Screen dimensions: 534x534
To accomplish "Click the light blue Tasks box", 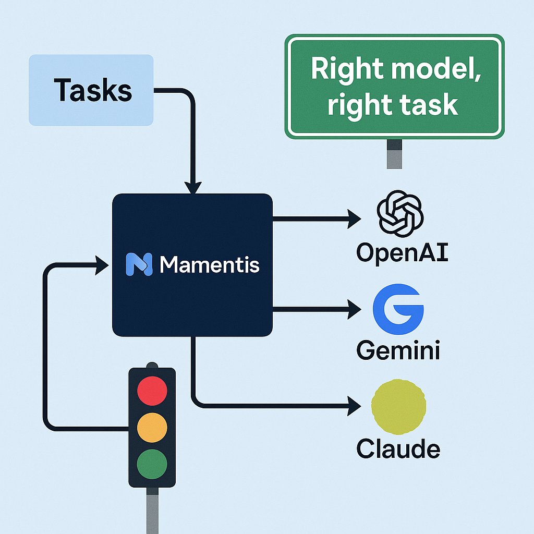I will pyautogui.click(x=91, y=90).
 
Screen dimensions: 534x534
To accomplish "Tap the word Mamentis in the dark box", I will pyautogui.click(x=210, y=265).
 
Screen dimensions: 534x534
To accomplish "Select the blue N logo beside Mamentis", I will pyautogui.click(x=139, y=264).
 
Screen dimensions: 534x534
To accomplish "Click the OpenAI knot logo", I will pyautogui.click(x=400, y=214).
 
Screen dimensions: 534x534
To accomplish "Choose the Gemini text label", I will pyautogui.click(x=398, y=350).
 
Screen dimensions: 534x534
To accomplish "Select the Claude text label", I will pyautogui.click(x=398, y=448).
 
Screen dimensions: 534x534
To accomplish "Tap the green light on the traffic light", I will pyautogui.click(x=152, y=462).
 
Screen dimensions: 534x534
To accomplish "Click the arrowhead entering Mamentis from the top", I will pyautogui.click(x=193, y=188).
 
